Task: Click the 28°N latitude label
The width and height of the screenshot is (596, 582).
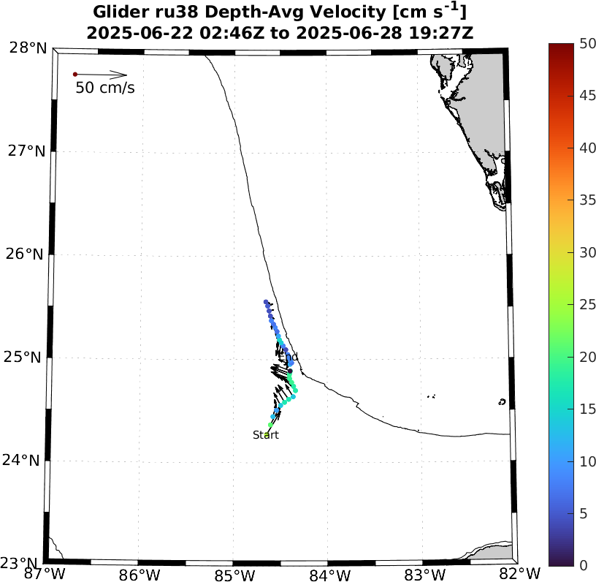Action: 28,48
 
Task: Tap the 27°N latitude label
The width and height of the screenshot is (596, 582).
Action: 28,151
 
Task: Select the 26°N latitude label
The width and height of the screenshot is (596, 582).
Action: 28,254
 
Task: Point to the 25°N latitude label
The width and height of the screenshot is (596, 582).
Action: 28,358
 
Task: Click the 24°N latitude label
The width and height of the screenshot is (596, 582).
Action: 28,461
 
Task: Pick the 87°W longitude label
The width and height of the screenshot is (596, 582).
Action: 45,573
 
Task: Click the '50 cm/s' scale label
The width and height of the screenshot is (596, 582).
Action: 105,88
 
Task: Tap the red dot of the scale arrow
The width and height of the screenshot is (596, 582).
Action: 74,75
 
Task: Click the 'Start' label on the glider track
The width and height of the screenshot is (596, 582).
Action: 266,435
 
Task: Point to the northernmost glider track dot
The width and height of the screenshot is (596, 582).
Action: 266,302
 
